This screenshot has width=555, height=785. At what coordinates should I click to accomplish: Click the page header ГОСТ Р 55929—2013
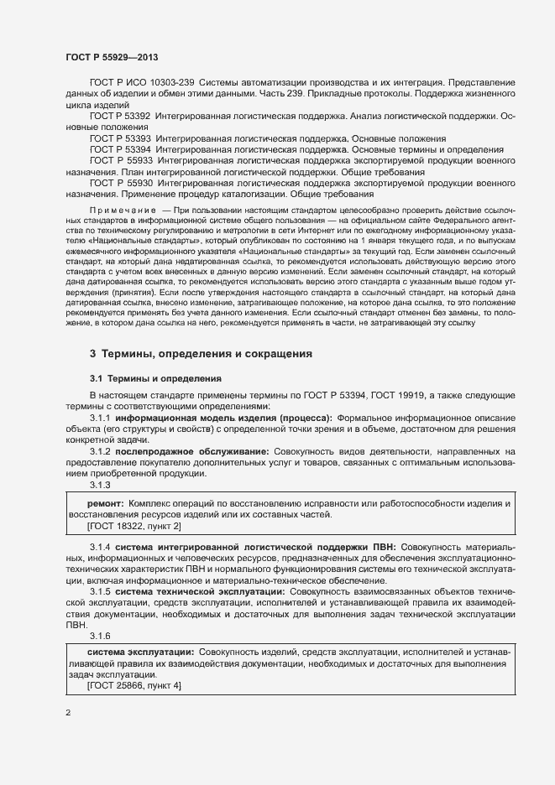click(x=111, y=57)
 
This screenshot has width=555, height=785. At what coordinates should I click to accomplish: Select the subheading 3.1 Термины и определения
click(x=155, y=378)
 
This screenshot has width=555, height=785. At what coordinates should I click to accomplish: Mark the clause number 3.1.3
click(x=100, y=486)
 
